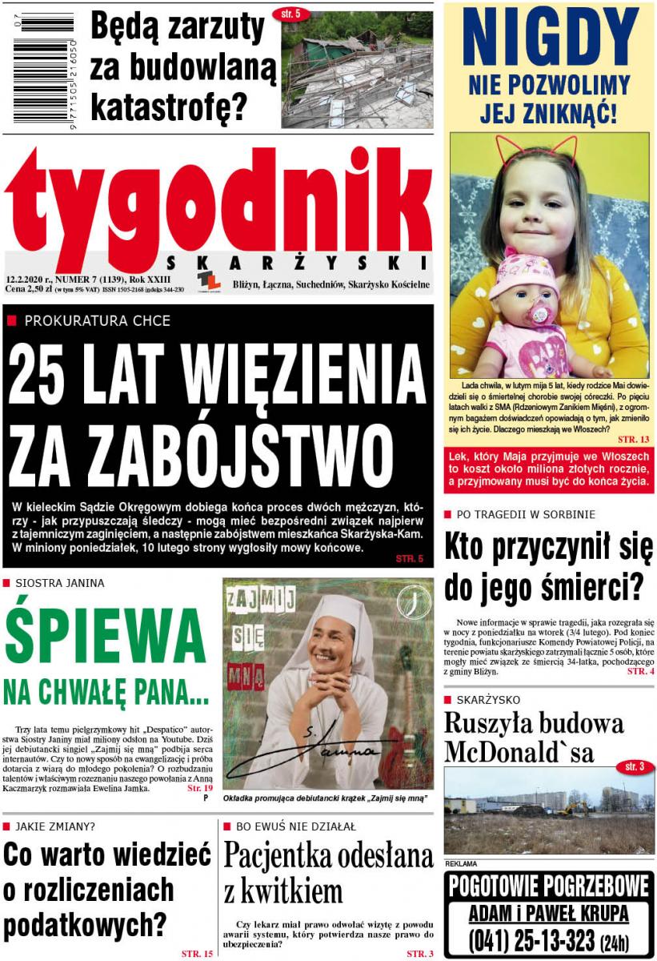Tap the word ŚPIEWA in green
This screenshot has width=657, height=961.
[x=105, y=636]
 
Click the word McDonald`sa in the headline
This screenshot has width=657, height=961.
[x=519, y=752]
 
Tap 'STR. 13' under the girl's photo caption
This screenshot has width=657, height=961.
[x=634, y=440]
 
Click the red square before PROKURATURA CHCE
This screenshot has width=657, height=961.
[x=11, y=320]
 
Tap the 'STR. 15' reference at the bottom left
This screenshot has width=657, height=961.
[x=197, y=954]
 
